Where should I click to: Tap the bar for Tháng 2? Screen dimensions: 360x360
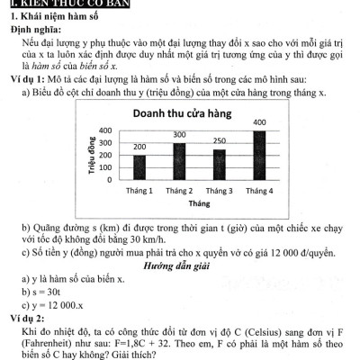[x=179, y=161]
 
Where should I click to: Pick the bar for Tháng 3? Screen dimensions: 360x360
[x=219, y=164]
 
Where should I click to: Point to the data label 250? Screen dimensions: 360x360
[x=220, y=142]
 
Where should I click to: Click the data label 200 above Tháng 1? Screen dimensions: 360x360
[x=139, y=146]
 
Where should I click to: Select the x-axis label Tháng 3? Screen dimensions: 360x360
[x=219, y=191]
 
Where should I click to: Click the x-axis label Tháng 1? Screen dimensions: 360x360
[x=139, y=191]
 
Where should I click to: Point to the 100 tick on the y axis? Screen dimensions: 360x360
[x=105, y=167]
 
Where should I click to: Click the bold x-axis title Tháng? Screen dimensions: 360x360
[x=199, y=204]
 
